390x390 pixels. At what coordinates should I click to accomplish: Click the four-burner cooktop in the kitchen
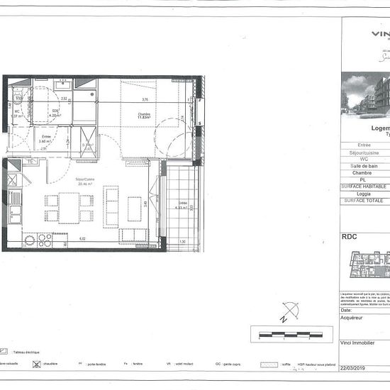click(45, 239)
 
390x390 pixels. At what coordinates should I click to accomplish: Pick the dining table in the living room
click(69, 208)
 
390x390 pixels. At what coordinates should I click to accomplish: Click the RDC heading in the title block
click(349, 238)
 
